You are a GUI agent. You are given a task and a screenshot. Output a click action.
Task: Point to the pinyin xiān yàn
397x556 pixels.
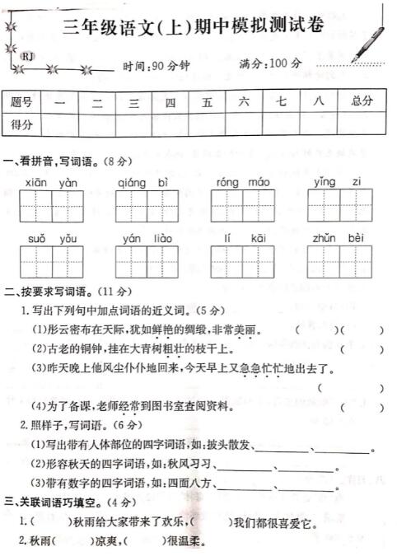[x=51, y=181]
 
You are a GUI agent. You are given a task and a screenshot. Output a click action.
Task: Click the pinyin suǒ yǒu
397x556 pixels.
[x=52, y=238]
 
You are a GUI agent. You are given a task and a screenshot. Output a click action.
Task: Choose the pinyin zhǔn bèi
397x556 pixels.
[x=339, y=238]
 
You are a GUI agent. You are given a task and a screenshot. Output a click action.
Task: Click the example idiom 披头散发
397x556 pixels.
[x=233, y=446]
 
